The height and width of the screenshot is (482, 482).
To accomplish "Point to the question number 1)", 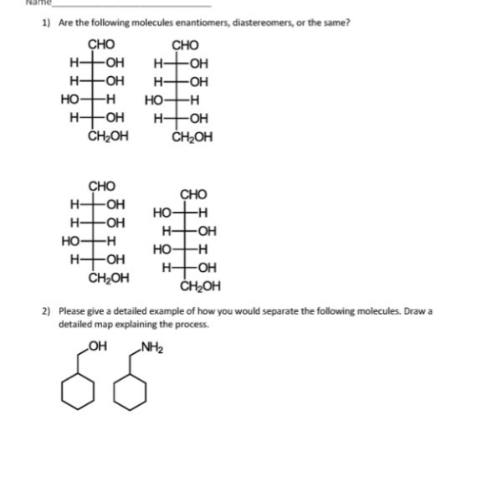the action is pos(47,23).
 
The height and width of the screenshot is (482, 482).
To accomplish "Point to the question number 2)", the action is pos(47,310).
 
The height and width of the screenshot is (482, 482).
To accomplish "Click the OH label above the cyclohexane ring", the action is pos(95,349).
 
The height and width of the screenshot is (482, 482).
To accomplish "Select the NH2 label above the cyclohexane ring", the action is pos(151,349).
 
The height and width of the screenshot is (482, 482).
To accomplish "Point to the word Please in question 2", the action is pos(72,310).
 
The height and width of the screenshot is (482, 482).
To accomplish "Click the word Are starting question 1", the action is pos(65,23).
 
